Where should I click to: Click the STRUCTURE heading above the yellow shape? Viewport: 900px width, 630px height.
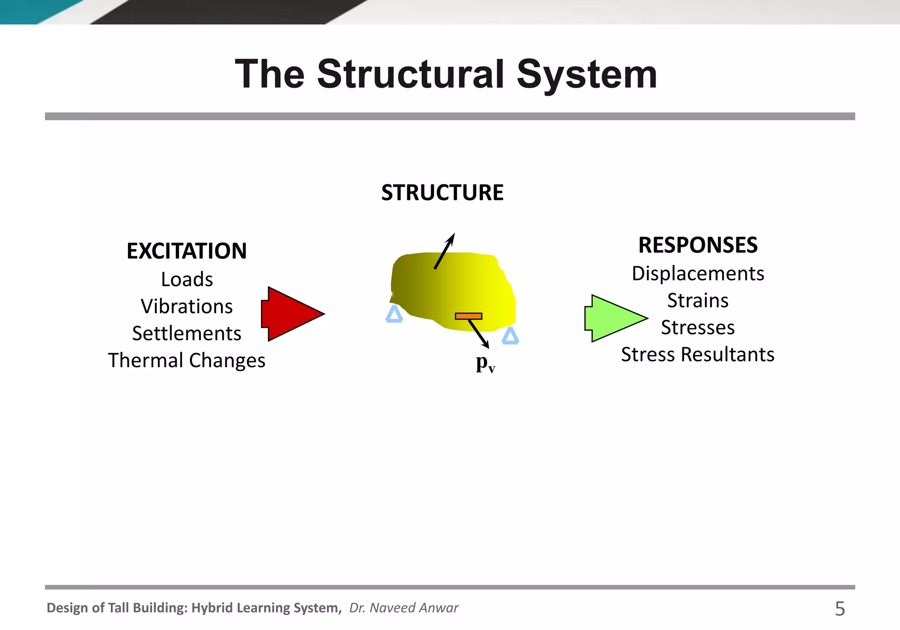click(x=442, y=193)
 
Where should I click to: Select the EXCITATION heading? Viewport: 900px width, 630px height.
click(x=187, y=251)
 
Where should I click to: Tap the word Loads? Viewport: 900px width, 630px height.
click(x=187, y=279)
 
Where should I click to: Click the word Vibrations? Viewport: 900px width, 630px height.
click(x=187, y=306)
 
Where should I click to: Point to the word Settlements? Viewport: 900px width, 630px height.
click(x=187, y=333)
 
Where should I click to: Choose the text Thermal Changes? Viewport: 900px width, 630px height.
click(x=187, y=360)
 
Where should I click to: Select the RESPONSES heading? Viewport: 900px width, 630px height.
click(x=698, y=245)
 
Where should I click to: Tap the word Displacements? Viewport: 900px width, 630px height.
click(x=698, y=274)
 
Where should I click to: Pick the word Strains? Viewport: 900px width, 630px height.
click(x=698, y=301)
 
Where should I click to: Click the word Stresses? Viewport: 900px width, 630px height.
click(x=698, y=328)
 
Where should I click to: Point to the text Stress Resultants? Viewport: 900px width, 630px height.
click(x=698, y=355)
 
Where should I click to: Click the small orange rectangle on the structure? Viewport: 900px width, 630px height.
click(x=468, y=316)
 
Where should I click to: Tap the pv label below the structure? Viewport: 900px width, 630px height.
click(x=485, y=363)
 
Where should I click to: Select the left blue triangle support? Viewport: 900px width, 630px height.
click(x=394, y=315)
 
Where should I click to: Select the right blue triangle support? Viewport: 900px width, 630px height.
click(x=510, y=336)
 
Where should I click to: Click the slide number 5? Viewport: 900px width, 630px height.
click(x=840, y=609)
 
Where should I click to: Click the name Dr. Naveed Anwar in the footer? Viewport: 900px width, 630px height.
click(x=403, y=608)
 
